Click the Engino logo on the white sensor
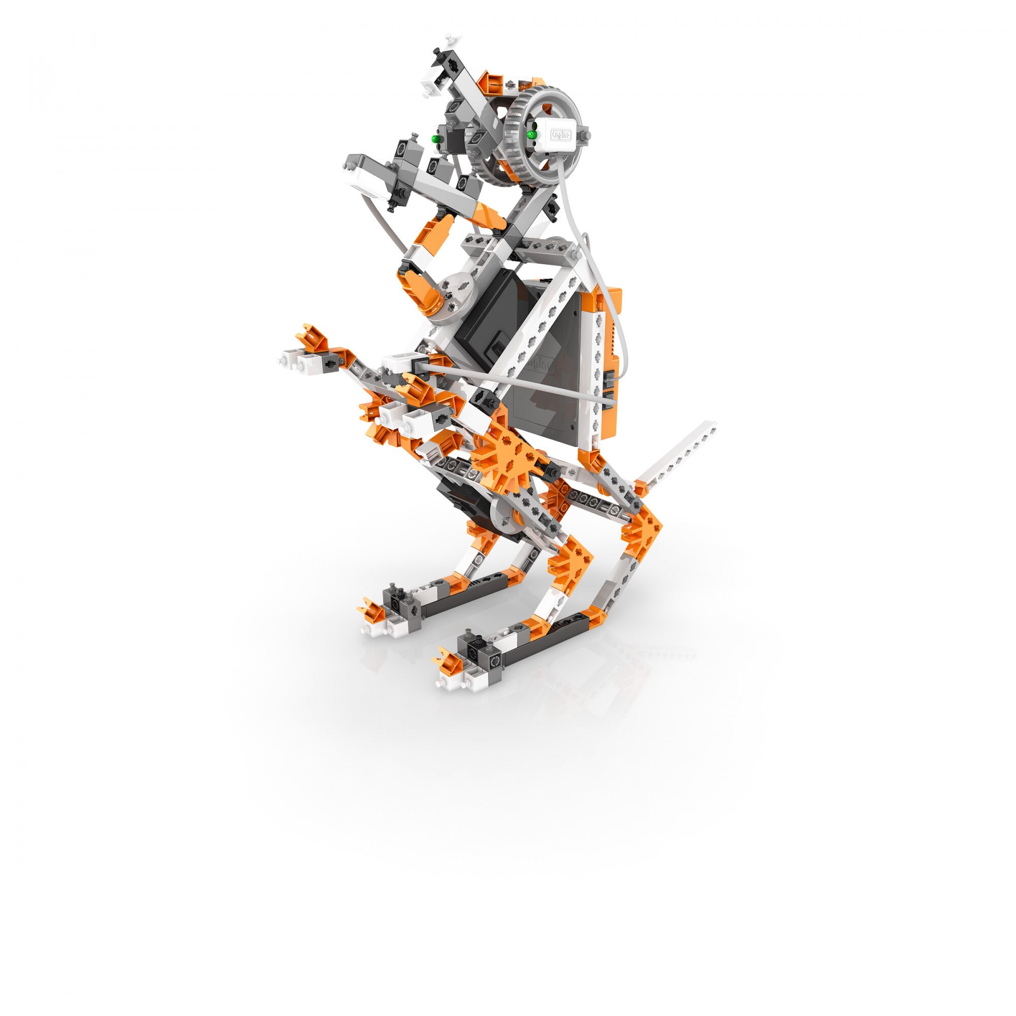tap(560, 133)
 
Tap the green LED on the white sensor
tap(532, 135)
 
